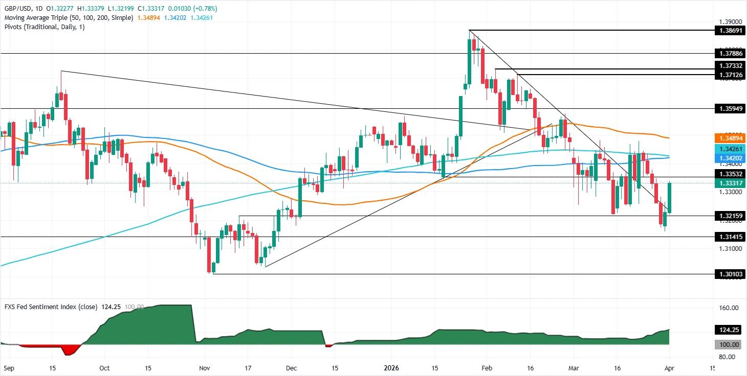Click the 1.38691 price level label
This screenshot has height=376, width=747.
[x=729, y=31]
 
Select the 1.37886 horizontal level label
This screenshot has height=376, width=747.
[x=729, y=53]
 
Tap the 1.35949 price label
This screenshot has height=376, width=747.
[x=729, y=108]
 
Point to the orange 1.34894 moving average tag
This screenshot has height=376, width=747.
[x=729, y=138]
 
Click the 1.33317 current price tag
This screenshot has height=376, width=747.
[x=729, y=182]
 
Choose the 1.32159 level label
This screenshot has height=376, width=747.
[x=729, y=216]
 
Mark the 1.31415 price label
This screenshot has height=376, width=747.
[x=729, y=237]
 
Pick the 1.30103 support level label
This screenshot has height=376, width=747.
[x=729, y=274]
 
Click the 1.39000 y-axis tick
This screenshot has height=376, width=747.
[x=729, y=22]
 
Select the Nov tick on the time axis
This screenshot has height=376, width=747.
[x=204, y=367]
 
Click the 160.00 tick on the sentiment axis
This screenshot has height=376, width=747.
[x=729, y=308]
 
